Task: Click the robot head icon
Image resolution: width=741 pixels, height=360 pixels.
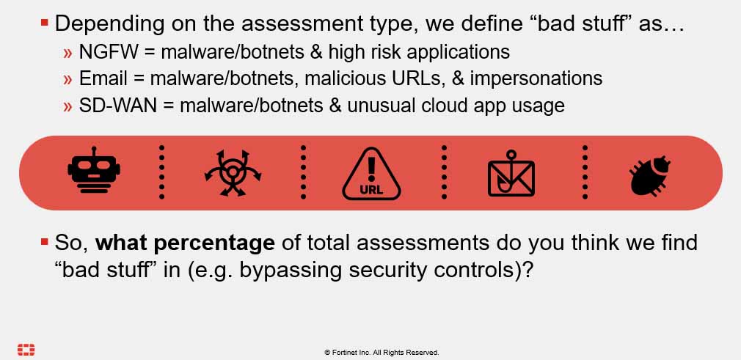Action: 94,170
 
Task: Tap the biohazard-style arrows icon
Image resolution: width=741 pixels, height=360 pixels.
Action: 233,173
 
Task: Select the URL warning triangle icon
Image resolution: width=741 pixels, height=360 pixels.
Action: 371,173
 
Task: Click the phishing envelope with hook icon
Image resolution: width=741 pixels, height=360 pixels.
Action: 511,173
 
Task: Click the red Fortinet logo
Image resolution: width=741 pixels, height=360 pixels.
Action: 26,350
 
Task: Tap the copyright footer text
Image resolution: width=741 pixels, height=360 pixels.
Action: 382,353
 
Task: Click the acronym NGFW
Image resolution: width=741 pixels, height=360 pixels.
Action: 109,52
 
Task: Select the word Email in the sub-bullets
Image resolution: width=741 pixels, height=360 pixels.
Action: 103,78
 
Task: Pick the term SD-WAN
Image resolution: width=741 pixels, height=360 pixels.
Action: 117,106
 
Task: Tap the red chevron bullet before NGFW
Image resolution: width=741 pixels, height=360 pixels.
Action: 67,53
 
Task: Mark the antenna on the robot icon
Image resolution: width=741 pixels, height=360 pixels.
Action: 94,151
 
